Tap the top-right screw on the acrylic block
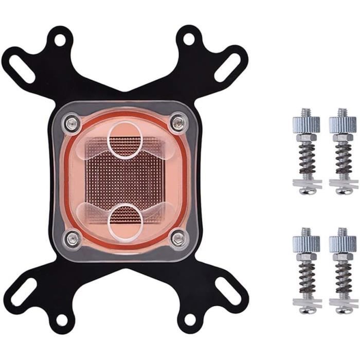click(x=178, y=122)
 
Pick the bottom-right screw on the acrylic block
click(x=178, y=238)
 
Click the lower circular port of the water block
click(x=125, y=221)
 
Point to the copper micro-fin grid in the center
click(x=125, y=179)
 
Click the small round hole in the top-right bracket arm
click(x=189, y=39)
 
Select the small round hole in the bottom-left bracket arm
click(x=61, y=320)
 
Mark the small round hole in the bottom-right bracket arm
click(x=189, y=320)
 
